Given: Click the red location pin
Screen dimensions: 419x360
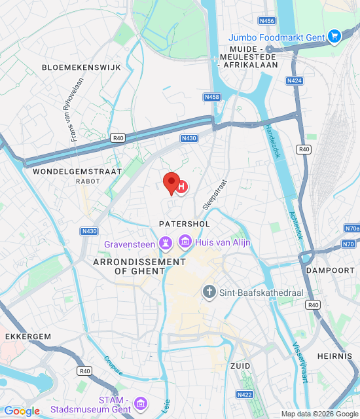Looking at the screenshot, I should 171,183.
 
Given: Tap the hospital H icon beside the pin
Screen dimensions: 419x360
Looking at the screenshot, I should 182,187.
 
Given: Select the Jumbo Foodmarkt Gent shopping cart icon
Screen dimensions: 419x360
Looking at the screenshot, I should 334,37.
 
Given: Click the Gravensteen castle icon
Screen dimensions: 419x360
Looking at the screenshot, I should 166,244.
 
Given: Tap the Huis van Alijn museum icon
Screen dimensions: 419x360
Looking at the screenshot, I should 185,243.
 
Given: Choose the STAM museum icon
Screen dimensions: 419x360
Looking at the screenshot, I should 140,403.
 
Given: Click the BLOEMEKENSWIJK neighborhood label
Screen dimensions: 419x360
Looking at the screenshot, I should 73,67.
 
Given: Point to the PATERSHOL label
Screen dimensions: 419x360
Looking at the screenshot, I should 184,224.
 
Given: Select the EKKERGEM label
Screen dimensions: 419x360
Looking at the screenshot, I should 28,336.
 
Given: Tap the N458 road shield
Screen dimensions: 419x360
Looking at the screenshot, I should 211,97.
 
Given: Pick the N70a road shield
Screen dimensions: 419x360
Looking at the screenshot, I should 351,228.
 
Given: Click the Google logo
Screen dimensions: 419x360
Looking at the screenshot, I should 22,411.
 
